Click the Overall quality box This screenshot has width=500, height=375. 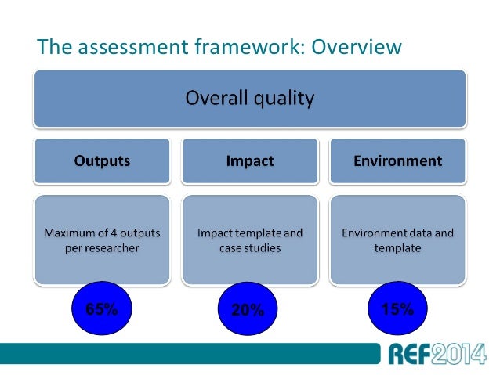[x=249, y=99]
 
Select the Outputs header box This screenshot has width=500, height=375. [x=102, y=161]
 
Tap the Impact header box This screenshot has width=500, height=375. [x=249, y=161]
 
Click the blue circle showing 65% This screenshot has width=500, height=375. [x=101, y=308]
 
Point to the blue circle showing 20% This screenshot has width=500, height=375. [x=248, y=310]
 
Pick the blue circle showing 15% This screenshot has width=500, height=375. [x=397, y=308]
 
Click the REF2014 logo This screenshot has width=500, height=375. [x=436, y=354]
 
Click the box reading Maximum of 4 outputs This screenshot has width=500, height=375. [x=102, y=240]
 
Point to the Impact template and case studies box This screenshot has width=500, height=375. [x=249, y=240]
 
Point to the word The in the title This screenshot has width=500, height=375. [x=52, y=48]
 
